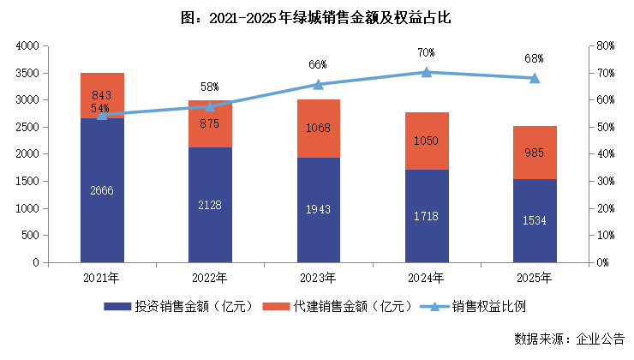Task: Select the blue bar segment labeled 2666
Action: pyautogui.click(x=102, y=189)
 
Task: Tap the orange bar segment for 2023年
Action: pyautogui.click(x=318, y=129)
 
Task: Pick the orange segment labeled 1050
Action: pyautogui.click(x=426, y=141)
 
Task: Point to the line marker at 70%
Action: pyautogui.click(x=426, y=72)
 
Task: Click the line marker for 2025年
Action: pyautogui.click(x=535, y=78)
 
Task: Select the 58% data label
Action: pyautogui.click(x=210, y=87)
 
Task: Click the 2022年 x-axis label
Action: pyautogui.click(x=210, y=277)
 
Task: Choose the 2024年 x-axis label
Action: pyautogui.click(x=426, y=277)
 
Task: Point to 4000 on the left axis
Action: pyautogui.click(x=27, y=45)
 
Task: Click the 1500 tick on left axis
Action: pyautogui.click(x=27, y=181)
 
